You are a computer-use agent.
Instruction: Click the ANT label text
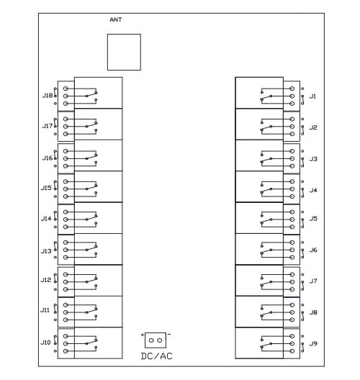tap(116, 19)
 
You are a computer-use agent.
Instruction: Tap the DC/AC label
tap(157, 356)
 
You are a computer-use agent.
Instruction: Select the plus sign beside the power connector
tap(143, 335)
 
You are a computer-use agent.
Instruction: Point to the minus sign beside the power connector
tap(169, 335)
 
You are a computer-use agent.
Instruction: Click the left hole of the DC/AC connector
tap(151, 340)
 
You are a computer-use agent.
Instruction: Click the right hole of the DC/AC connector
tap(159, 340)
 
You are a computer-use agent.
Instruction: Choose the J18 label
tap(48, 96)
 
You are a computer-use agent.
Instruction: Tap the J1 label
tap(312, 96)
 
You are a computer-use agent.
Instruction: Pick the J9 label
tap(313, 343)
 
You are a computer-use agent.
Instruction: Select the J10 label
tap(45, 343)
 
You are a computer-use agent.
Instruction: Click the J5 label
tap(313, 219)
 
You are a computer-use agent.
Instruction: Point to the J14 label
tap(46, 219)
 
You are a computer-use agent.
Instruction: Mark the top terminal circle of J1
tap(292, 89)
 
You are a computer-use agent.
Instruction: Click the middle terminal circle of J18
tap(66, 96)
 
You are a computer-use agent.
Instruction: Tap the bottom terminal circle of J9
tap(292, 351)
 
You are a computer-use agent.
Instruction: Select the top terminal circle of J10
tap(66, 336)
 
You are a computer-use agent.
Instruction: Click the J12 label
tap(46, 280)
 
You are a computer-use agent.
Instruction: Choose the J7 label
tap(313, 281)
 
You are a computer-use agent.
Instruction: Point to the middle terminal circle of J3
tap(292, 158)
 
